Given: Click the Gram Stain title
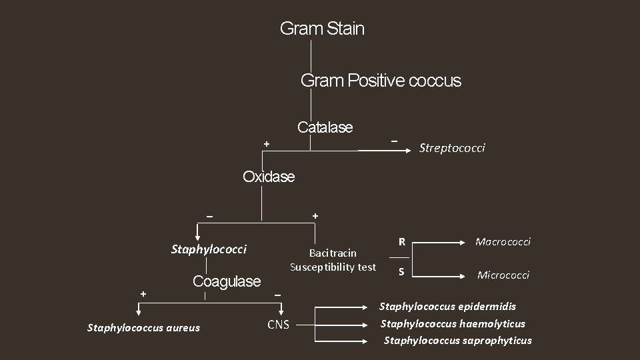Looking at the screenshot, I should coord(322,29).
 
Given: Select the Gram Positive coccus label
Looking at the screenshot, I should coord(381,81).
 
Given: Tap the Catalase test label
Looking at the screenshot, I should coord(325,127).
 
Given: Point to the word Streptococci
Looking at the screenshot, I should coord(451,147).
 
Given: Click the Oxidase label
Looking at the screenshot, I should coord(268,177).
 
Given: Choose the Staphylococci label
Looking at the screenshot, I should coord(209,249).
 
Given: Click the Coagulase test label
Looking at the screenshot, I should coord(227,281).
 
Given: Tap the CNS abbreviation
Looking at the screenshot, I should coord(278,325).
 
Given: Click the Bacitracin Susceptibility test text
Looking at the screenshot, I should coord(333,260).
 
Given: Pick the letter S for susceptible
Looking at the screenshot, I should coord(401,271).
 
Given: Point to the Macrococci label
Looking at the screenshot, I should coord(503,242).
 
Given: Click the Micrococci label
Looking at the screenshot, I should coord(503,275).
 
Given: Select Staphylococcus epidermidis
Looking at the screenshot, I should coord(447,307).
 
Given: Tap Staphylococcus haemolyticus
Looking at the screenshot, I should coord(453,324).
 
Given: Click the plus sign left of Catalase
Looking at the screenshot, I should coord(266,143).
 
